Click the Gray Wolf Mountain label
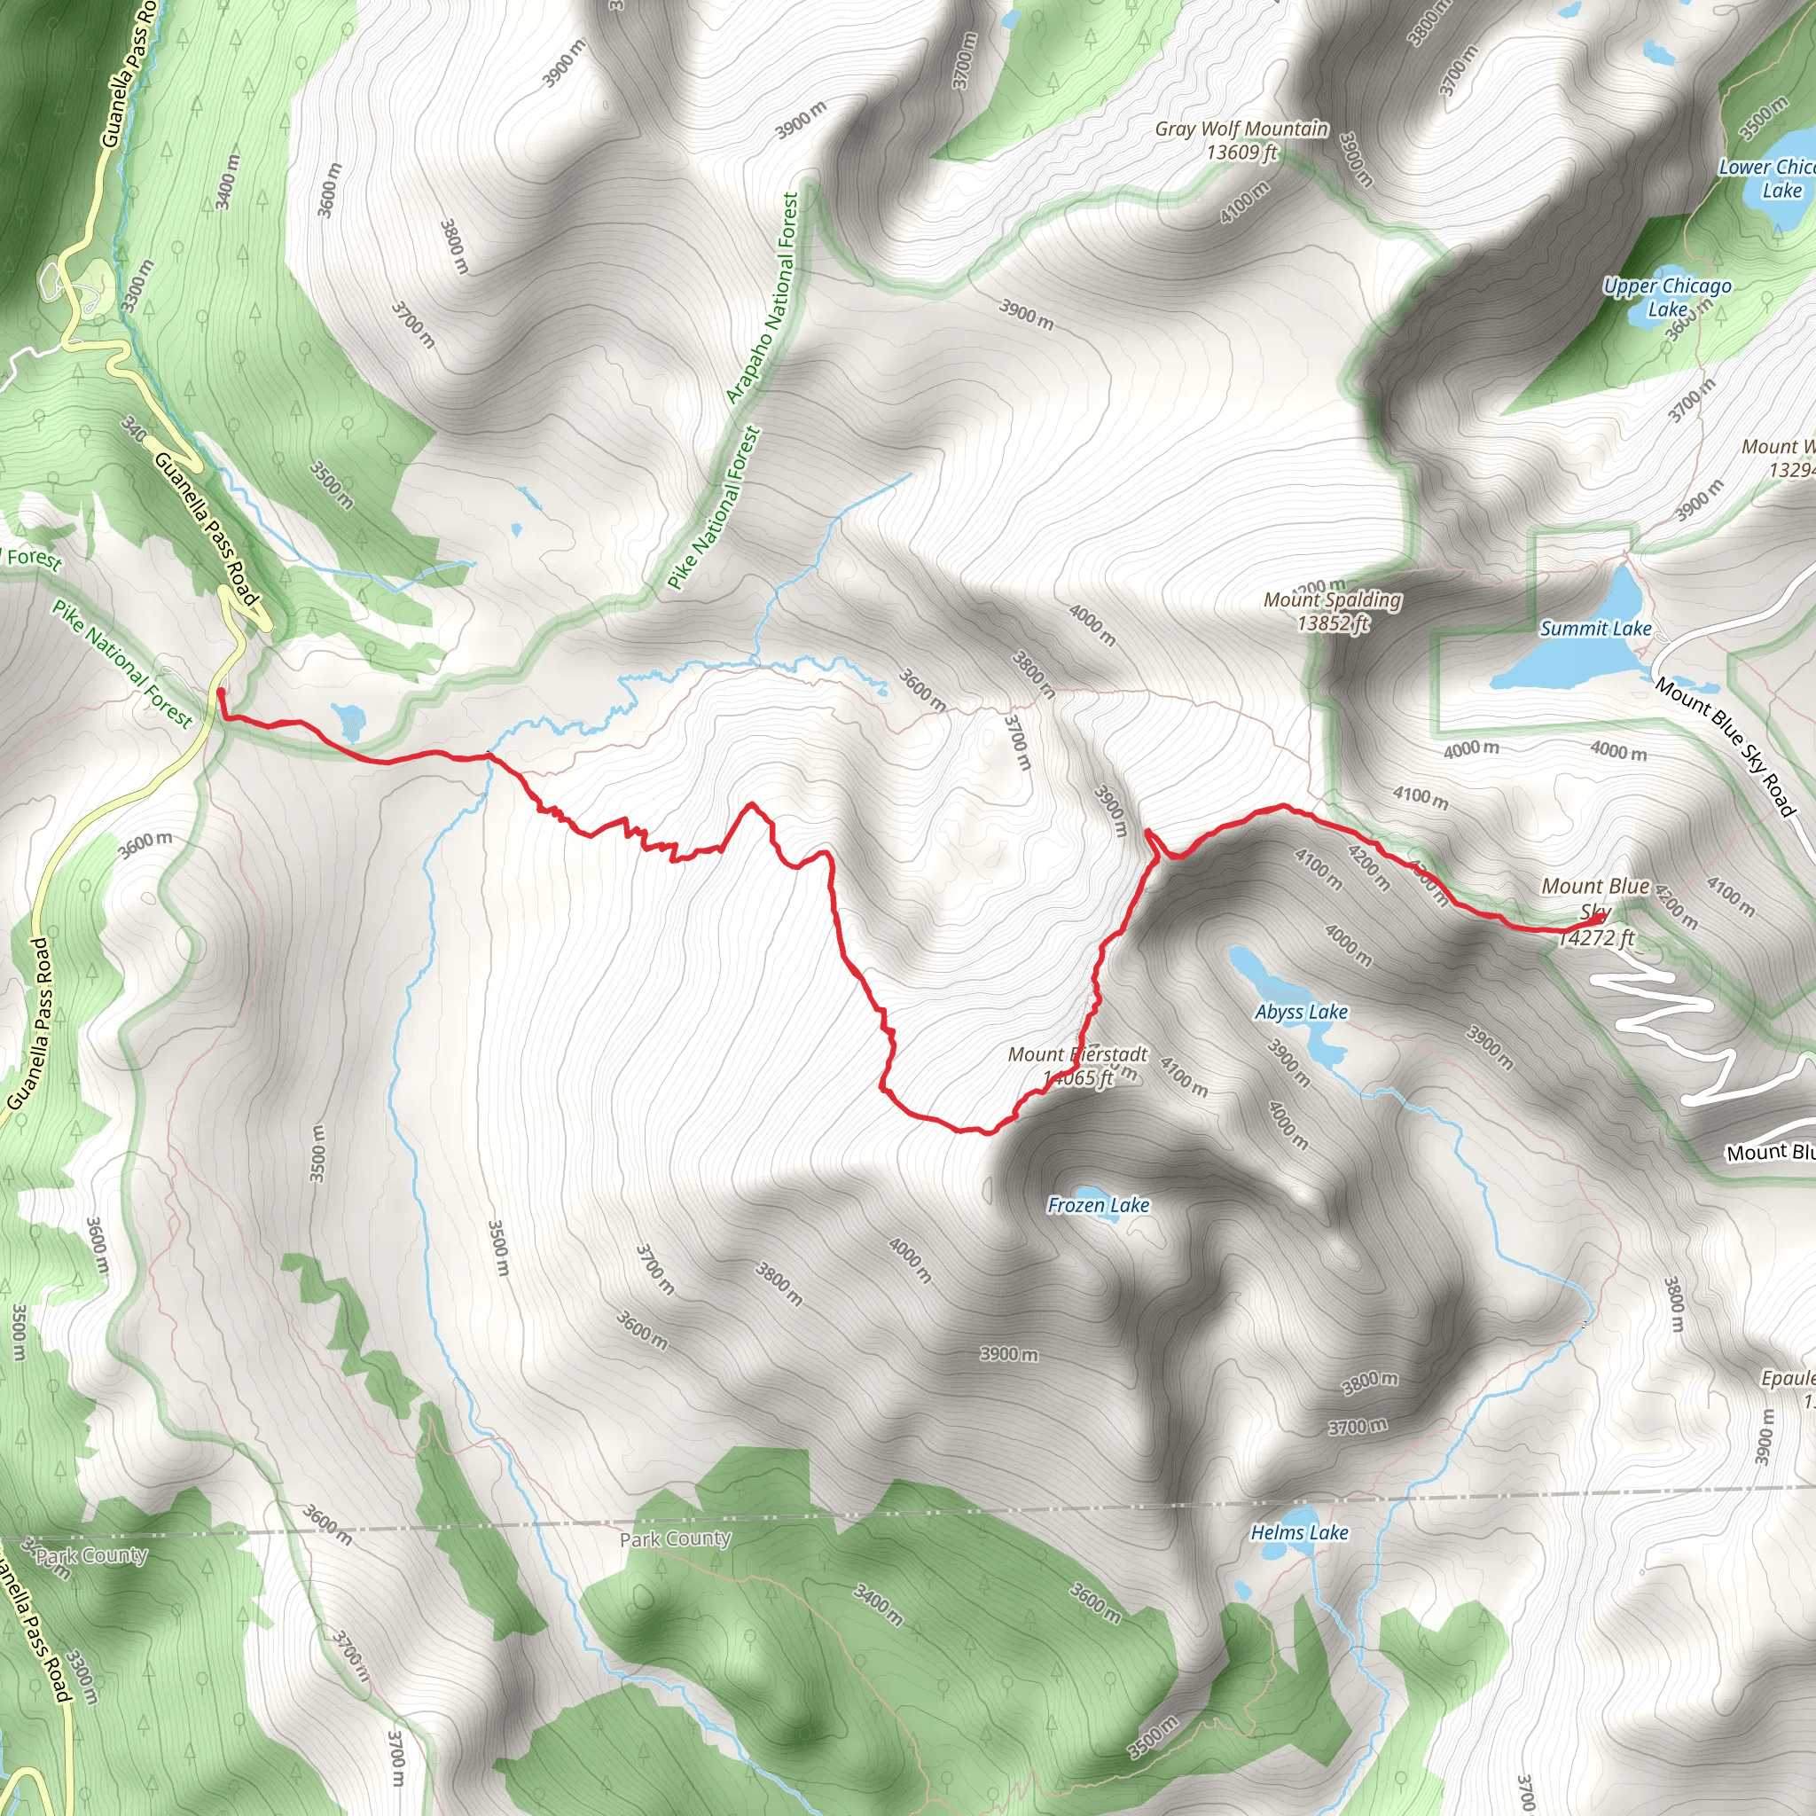(x=1241, y=129)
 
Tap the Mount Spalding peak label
(x=1332, y=599)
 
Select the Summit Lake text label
(x=1595, y=629)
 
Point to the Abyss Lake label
(x=1301, y=1013)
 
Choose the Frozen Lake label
(x=1098, y=1205)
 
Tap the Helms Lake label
(x=1299, y=1533)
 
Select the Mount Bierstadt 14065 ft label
(x=1078, y=1066)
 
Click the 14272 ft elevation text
(x=1596, y=938)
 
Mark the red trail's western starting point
(x=221, y=693)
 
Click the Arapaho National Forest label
(x=763, y=299)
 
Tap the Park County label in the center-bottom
(x=675, y=1539)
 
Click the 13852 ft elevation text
(x=1333, y=623)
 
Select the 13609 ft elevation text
(x=1241, y=153)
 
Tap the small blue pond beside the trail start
(x=348, y=721)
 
